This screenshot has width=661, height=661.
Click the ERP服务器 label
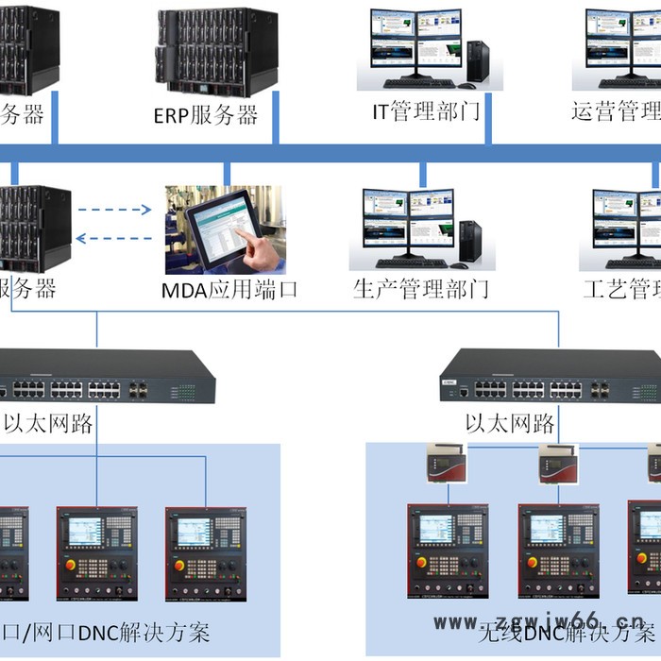pyautogui.click(x=206, y=115)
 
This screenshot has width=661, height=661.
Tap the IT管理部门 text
pyautogui.click(x=426, y=113)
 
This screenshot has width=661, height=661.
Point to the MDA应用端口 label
pyautogui.click(x=230, y=289)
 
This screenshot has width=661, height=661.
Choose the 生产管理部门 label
pyautogui.click(x=421, y=289)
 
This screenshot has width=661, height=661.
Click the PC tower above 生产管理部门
pyautogui.click(x=469, y=243)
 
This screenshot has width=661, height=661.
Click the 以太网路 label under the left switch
pyautogui.click(x=49, y=423)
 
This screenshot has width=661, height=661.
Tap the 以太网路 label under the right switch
pyautogui.click(x=511, y=423)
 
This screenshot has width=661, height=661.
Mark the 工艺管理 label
pyautogui.click(x=621, y=289)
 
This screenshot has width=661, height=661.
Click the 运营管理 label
pyautogui.click(x=616, y=113)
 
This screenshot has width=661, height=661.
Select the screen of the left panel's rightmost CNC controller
pyautogui.click(x=195, y=531)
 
